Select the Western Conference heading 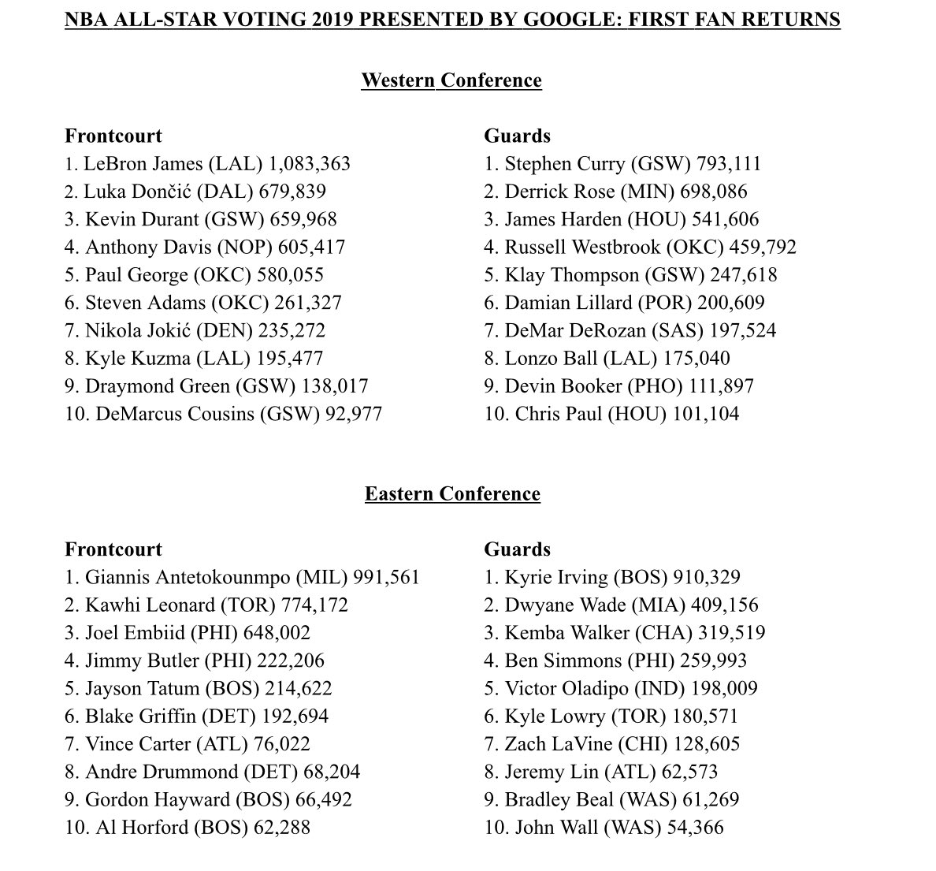451,80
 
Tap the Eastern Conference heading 452,494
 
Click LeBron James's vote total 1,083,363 310,164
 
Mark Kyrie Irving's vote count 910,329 707,578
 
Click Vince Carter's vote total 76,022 281,744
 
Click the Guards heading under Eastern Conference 517,549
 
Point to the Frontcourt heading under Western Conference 113,136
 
